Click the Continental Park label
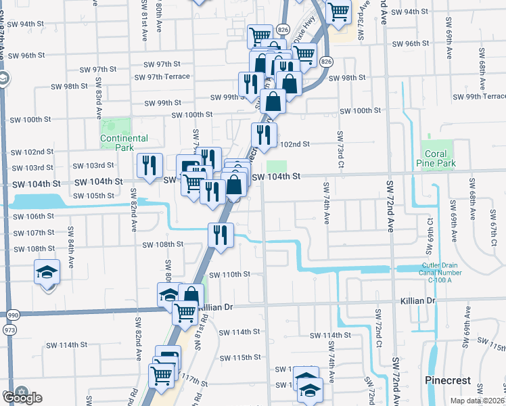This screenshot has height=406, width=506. (x=124, y=143)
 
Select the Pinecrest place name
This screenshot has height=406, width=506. (x=447, y=380)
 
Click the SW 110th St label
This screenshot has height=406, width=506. (x=229, y=275)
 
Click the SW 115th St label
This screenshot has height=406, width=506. (x=239, y=357)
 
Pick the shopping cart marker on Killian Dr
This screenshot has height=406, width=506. (x=185, y=312)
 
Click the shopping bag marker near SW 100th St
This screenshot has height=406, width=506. (x=273, y=101)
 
